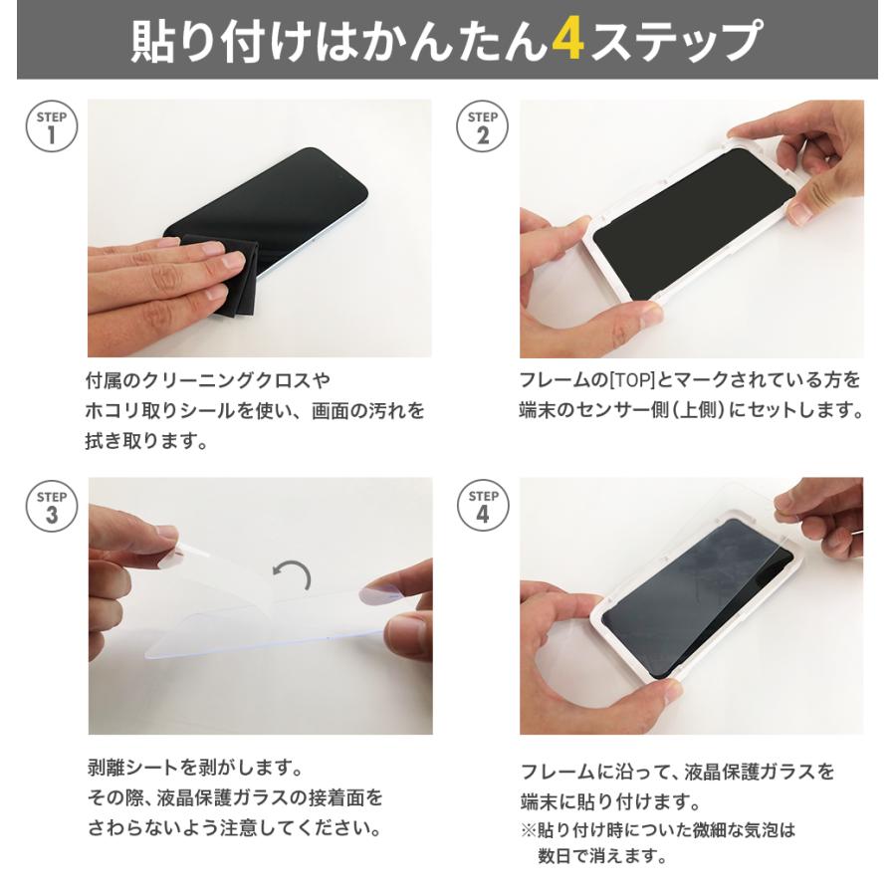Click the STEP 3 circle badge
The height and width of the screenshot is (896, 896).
pos(51,506)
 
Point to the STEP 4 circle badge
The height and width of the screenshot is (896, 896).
pos(483,506)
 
